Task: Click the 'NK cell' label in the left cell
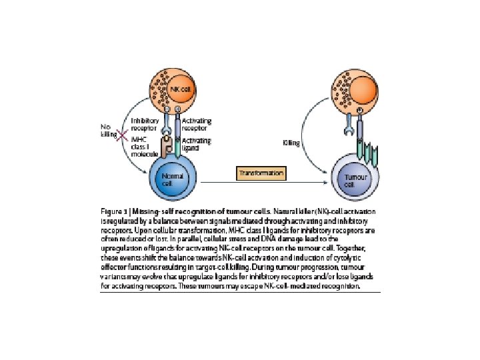(176, 89)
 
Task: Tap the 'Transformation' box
(261, 173)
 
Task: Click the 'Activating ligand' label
(197, 144)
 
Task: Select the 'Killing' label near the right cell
(291, 142)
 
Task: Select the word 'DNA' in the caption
(269, 237)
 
